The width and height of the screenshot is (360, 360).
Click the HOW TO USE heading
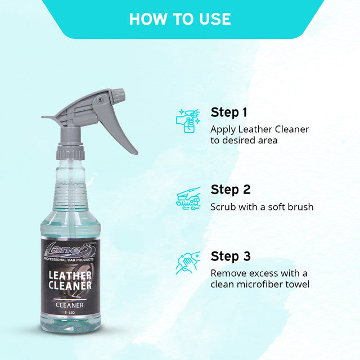point(179,19)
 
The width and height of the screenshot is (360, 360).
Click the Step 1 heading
point(229,112)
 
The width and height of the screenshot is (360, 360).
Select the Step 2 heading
point(230,190)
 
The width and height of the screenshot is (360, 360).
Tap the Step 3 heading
point(230,256)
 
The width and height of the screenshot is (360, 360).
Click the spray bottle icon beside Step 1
point(188,120)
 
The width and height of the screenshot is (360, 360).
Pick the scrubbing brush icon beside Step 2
point(188,198)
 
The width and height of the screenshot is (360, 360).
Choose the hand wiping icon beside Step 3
point(188,263)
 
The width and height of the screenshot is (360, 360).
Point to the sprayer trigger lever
point(123,132)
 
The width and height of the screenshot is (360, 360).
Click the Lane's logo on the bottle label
point(70,250)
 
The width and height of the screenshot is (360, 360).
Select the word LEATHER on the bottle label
point(70,274)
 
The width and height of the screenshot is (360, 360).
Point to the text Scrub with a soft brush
point(262,207)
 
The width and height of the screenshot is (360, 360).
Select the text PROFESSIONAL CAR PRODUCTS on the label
point(70,259)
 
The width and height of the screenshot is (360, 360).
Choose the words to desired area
point(244,140)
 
